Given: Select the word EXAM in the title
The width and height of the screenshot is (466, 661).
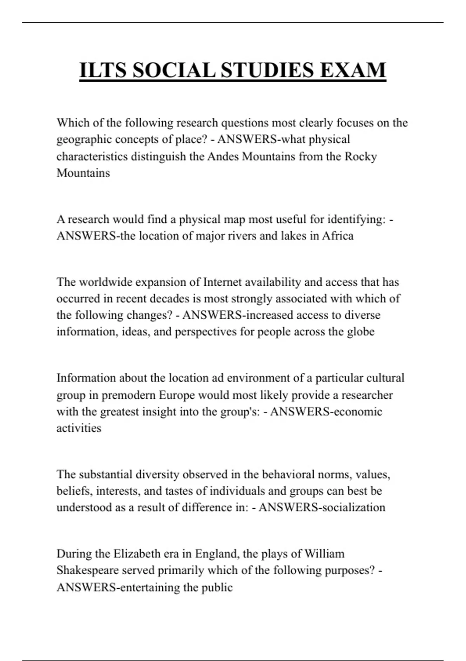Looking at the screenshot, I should (x=353, y=70).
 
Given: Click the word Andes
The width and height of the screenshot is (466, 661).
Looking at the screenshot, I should (x=223, y=156).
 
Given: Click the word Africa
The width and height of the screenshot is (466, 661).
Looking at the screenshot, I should (x=337, y=236).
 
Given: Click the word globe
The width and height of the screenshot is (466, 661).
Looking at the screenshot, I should (x=361, y=332).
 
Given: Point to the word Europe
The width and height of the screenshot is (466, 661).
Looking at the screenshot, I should (x=177, y=395).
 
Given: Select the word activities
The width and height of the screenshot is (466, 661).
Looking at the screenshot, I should (x=79, y=428).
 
